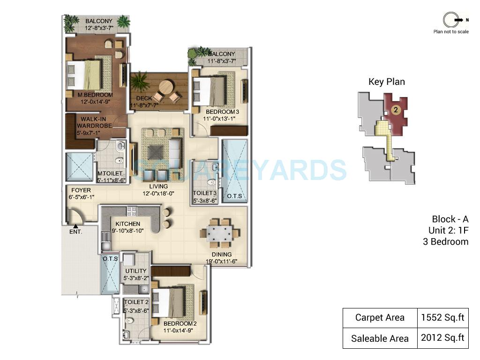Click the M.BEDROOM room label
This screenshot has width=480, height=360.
[95, 95]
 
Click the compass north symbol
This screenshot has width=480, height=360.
[450, 20]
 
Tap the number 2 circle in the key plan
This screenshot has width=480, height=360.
[396, 110]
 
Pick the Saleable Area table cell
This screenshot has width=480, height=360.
[380, 338]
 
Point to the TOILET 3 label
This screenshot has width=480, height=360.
[205, 193]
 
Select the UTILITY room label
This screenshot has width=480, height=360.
[136, 271]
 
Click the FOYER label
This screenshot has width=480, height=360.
[81, 190]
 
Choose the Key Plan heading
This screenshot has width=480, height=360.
[386, 82]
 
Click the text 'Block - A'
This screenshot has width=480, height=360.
[450, 219]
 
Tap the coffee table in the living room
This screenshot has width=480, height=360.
[155, 152]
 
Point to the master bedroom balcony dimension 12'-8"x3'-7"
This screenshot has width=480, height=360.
[99, 28]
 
